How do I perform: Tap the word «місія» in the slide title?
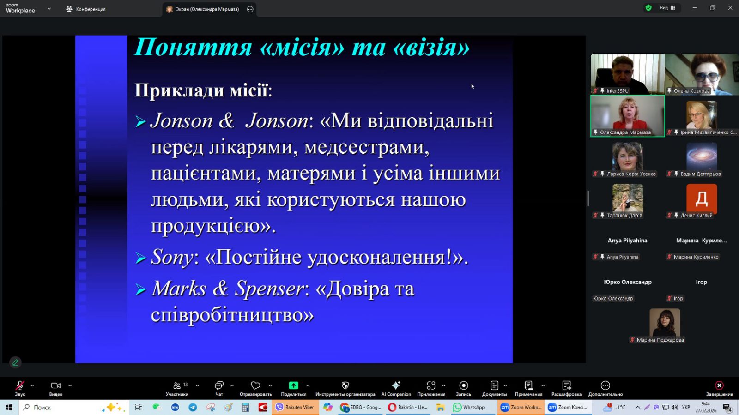tap(302, 47)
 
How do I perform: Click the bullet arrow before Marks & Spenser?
tap(140, 289)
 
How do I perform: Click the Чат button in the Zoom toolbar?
tap(219, 388)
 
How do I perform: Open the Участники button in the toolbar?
tap(177, 388)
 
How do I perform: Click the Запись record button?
tap(463, 388)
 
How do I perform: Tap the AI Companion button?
tap(396, 388)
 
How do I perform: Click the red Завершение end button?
tap(719, 388)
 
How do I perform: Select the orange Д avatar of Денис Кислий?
tap(702, 199)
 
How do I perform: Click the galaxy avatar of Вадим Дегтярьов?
tap(702, 156)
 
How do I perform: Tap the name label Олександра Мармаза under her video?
tap(625, 132)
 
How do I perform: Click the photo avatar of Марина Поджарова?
tap(665, 322)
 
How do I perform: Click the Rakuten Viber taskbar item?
tap(295, 408)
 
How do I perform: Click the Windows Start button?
tap(9, 408)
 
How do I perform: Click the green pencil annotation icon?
tap(15, 362)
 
